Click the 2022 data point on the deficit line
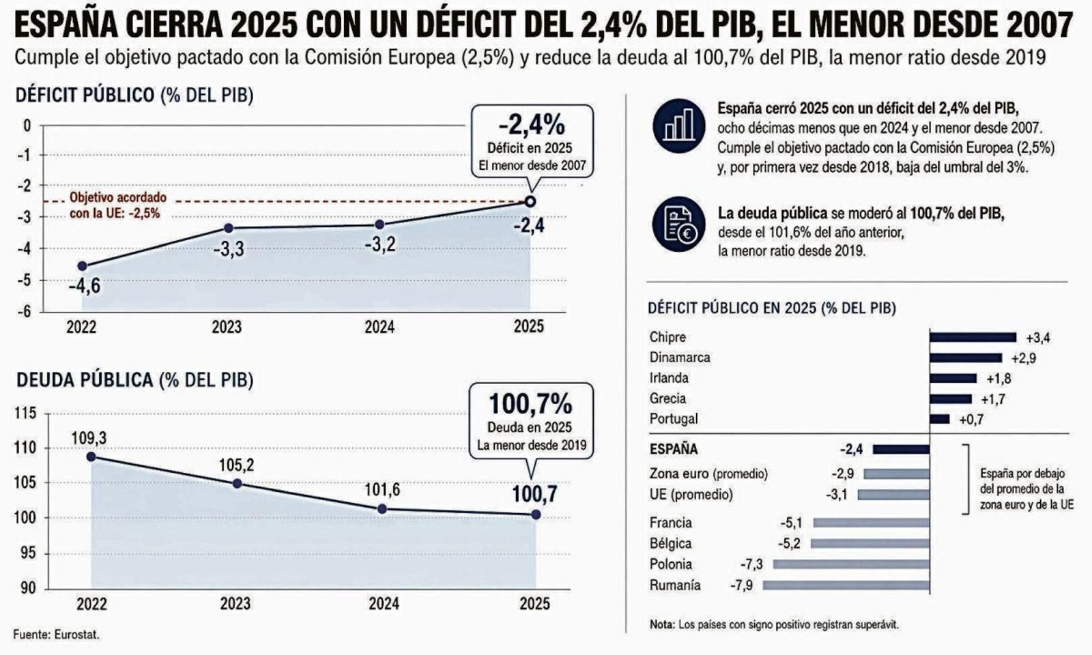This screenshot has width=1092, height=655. click(x=83, y=265)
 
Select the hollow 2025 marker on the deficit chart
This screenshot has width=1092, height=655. click(x=530, y=201)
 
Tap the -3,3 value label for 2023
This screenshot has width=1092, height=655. click(x=229, y=249)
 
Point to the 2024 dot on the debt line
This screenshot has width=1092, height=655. click(x=382, y=509)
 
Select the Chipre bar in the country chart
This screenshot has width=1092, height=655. click(x=973, y=337)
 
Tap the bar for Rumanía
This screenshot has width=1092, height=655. click(x=846, y=585)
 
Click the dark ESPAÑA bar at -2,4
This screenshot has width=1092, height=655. click(x=901, y=449)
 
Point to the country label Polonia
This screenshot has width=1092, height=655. click(x=670, y=564)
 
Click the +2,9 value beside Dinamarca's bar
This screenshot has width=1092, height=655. click(x=1023, y=358)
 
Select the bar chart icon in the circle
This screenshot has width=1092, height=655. click(x=678, y=126)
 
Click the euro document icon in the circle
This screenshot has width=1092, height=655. click(x=678, y=224)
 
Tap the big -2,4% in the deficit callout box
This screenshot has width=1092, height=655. click(x=531, y=125)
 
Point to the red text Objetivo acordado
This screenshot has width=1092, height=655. click(x=118, y=198)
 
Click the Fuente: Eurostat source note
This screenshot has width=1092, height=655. click(x=56, y=635)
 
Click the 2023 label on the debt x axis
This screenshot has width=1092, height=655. click(x=235, y=604)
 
